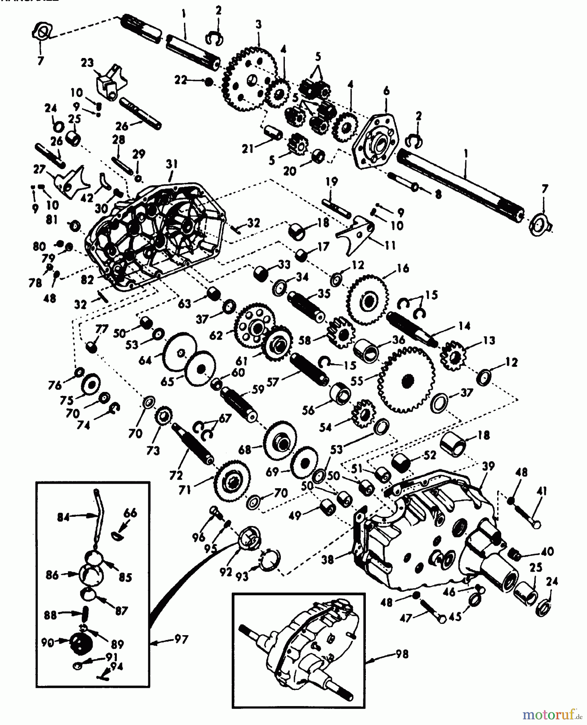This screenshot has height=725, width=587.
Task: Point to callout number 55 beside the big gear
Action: [x=357, y=381]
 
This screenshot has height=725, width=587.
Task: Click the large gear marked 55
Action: [x=407, y=379]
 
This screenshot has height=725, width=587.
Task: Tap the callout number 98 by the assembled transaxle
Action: [x=402, y=654]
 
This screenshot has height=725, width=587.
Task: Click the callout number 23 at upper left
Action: [x=87, y=63]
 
